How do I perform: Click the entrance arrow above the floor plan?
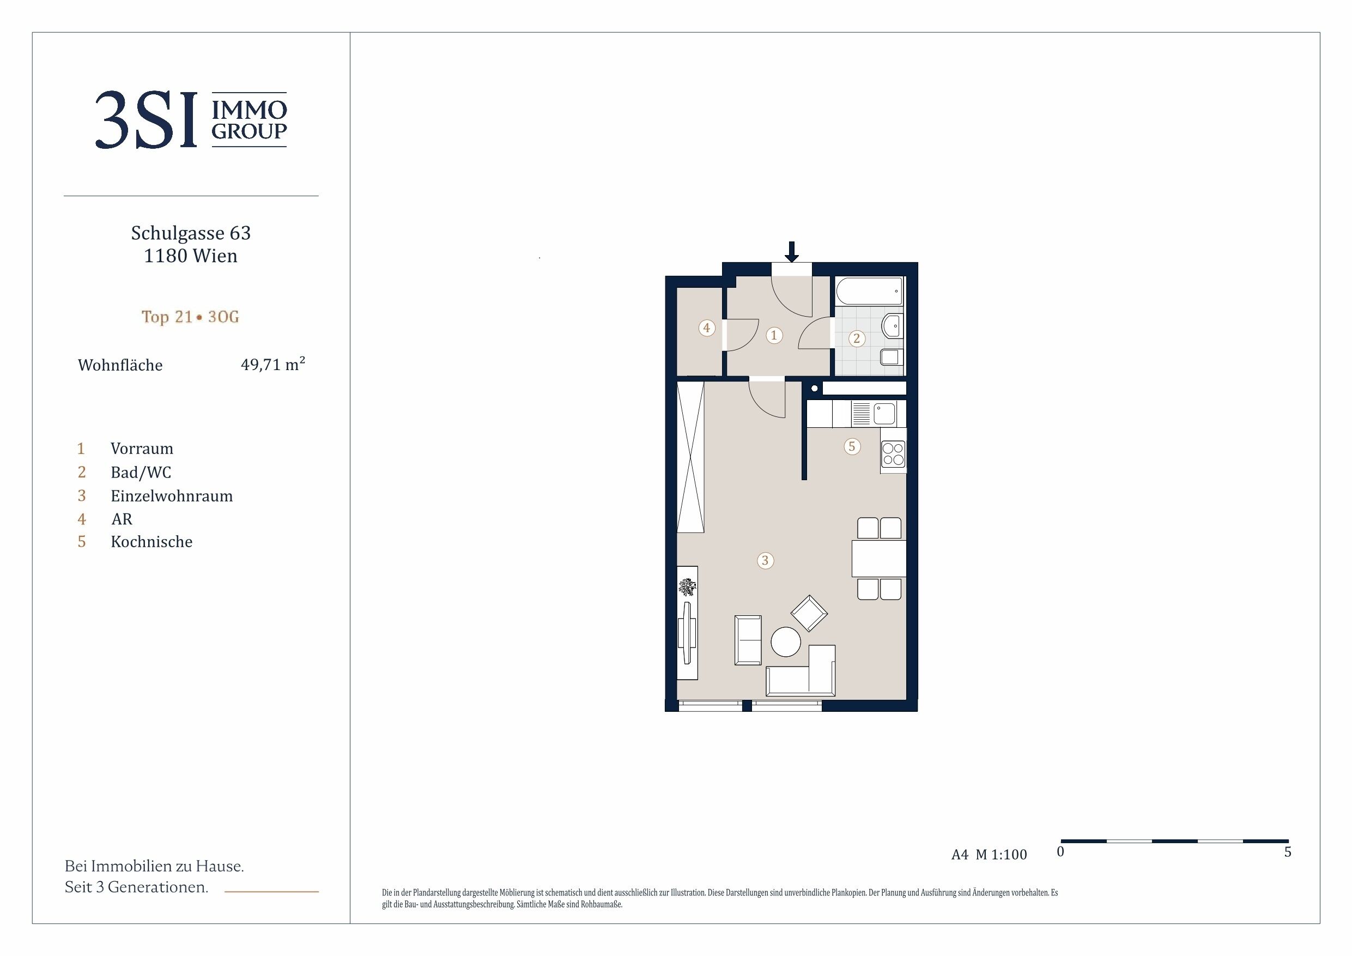pyautogui.click(x=792, y=251)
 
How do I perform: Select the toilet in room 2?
pyautogui.click(x=892, y=357)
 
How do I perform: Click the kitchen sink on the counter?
pyautogui.click(x=884, y=414)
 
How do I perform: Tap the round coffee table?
pyautogui.click(x=785, y=642)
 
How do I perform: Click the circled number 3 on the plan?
pyautogui.click(x=765, y=560)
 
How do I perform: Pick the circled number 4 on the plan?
pyautogui.click(x=707, y=328)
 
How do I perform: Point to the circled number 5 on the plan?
pyautogui.click(x=852, y=446)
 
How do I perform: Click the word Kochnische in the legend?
pyautogui.click(x=151, y=542)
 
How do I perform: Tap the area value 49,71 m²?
pyautogui.click(x=272, y=364)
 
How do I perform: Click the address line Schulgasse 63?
pyautogui.click(x=191, y=233)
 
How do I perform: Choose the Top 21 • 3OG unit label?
pyautogui.click(x=190, y=317)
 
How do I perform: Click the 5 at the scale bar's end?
pyautogui.click(x=1288, y=852)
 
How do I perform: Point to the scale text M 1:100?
pyautogui.click(x=1001, y=855)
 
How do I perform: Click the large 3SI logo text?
pyautogui.click(x=145, y=119)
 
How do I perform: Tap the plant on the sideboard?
pyautogui.click(x=687, y=586)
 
